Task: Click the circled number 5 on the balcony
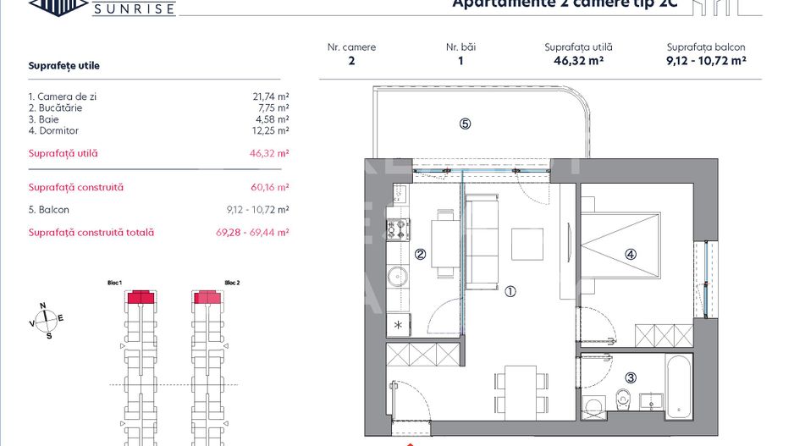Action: tap(465, 124)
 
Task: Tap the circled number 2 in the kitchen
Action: tap(419, 253)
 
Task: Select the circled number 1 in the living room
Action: tap(510, 292)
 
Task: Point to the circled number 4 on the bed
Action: tap(631, 253)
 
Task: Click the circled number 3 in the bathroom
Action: tap(631, 378)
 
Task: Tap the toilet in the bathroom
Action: tap(625, 396)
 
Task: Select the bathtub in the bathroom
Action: tap(679, 384)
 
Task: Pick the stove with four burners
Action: tap(397, 229)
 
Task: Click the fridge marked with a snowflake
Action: tap(398, 325)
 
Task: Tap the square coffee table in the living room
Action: tap(527, 245)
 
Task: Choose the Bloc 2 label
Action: tap(232, 283)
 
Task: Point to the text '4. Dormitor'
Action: tap(53, 131)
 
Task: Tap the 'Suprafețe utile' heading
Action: tap(63, 65)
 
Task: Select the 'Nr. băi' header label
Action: tap(460, 47)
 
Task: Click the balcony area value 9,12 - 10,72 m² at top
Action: tap(705, 61)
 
